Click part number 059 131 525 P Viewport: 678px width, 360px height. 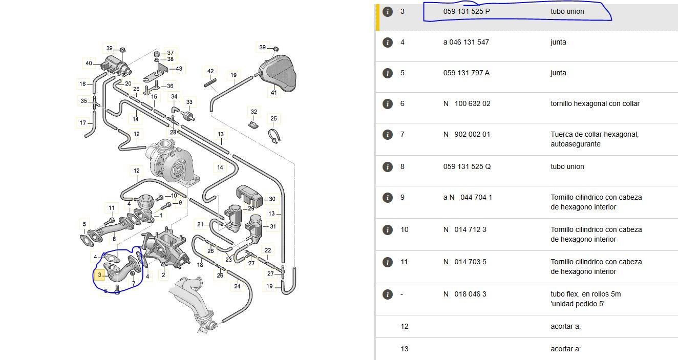466,11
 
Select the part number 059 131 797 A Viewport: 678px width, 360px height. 466,73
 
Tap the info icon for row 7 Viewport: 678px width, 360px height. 388,135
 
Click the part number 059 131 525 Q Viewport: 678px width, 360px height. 467,166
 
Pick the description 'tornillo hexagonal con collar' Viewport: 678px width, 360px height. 595,103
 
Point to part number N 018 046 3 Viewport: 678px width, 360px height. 464,294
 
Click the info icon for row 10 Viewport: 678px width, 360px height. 388,229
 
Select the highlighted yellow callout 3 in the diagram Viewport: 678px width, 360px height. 100,276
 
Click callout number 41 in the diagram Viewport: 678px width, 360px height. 273,93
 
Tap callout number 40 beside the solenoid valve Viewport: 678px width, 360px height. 89,63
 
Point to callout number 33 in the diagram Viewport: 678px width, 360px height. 189,102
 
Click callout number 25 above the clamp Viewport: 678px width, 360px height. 274,119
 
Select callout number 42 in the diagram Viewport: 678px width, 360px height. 210,71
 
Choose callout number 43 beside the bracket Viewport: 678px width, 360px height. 178,69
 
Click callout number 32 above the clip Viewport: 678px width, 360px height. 253,111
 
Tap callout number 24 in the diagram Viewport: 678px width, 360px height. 237,286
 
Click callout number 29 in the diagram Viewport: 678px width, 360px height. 251,208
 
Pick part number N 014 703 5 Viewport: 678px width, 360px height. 464,262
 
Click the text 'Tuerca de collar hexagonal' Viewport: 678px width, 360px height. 595,135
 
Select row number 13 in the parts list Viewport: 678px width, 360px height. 405,349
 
